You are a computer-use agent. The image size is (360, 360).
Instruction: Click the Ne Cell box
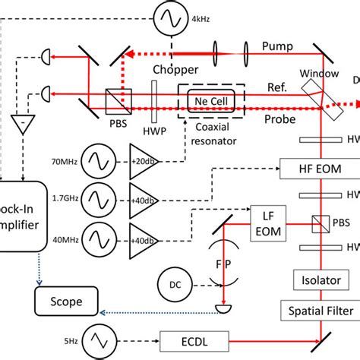[210, 100]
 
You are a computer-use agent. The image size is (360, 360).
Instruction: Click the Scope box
[68, 297]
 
